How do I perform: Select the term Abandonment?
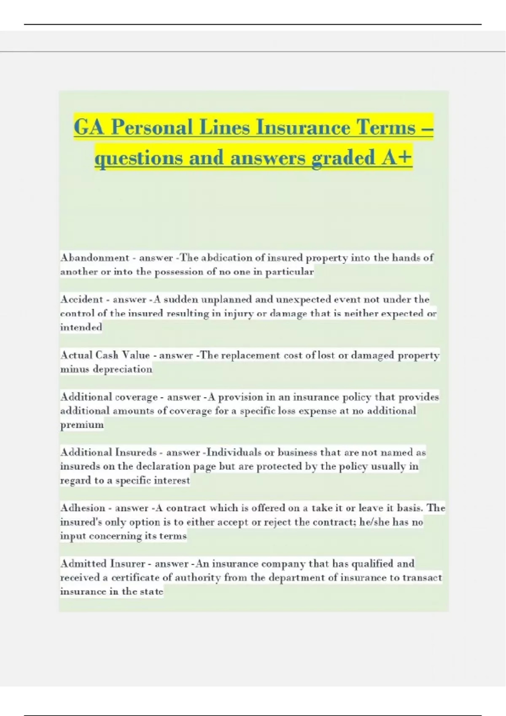[94, 258]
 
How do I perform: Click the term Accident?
[81, 299]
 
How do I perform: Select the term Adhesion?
[83, 508]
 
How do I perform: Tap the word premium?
[82, 425]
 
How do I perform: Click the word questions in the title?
[139, 158]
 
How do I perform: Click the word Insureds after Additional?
[136, 452]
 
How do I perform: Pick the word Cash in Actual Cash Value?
[107, 355]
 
